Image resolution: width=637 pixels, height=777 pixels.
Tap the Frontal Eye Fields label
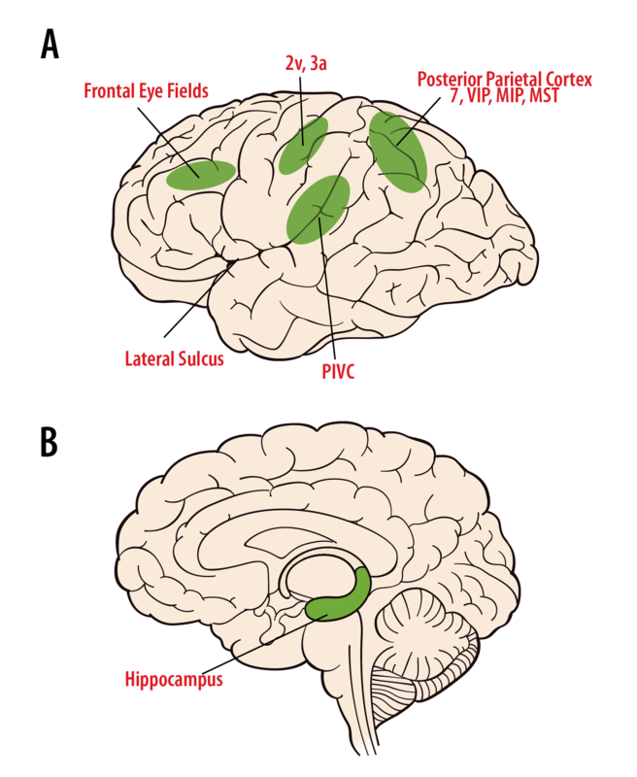[x=146, y=91]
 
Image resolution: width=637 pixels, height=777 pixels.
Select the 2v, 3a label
[x=306, y=63]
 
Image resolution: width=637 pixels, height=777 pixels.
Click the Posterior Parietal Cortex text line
[x=505, y=80]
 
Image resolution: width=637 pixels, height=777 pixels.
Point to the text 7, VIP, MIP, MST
[x=505, y=95]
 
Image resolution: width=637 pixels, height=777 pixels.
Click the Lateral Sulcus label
[x=175, y=358]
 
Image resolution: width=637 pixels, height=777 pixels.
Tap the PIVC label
[x=338, y=372]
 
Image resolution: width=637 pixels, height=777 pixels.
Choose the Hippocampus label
[x=174, y=679]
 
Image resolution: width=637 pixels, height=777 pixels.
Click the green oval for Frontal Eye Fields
[x=201, y=175]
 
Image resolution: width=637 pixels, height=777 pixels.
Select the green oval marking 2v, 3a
[x=303, y=146]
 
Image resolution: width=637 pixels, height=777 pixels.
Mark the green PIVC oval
[x=318, y=210]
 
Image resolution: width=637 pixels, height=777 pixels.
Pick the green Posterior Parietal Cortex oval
[x=398, y=152]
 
